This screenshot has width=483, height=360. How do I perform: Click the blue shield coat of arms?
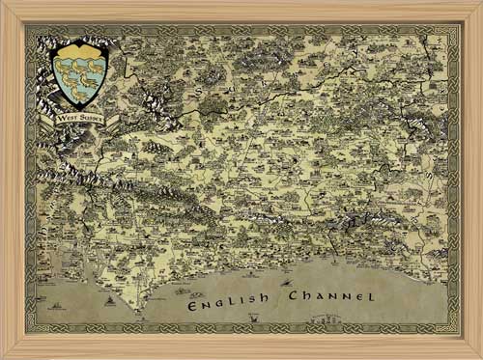[80, 75]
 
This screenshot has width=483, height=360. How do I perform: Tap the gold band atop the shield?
[80, 49]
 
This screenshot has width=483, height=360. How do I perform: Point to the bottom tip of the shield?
[80, 106]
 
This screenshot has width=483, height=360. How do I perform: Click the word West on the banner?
[68, 118]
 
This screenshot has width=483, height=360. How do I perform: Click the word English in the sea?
[229, 302]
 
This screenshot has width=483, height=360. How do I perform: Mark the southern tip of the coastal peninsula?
[142, 311]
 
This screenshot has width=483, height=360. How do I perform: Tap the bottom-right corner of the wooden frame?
[479, 356]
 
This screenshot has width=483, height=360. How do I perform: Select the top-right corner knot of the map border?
[451, 34]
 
